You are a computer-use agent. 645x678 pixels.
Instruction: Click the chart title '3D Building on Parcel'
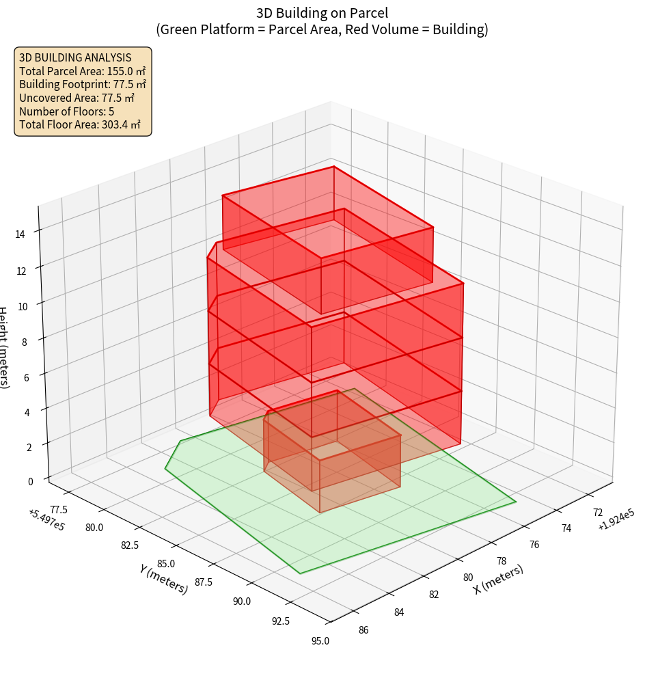point(322,12)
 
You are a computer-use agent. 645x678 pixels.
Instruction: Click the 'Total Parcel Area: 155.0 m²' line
point(82,71)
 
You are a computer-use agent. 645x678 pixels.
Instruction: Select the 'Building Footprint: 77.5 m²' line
point(83,85)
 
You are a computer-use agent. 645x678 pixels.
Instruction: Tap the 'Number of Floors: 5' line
point(67,111)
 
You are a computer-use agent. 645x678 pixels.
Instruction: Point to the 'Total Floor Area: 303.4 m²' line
point(80,125)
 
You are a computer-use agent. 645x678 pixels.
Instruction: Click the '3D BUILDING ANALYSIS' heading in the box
point(75,58)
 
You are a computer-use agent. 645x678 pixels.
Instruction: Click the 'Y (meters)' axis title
point(164,579)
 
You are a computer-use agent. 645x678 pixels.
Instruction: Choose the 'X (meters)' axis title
point(498,580)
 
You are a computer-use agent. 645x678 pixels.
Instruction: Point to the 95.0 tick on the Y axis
point(320,641)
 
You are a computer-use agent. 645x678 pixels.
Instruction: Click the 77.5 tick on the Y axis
point(59,509)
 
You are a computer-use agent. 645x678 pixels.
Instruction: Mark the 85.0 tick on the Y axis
point(166,564)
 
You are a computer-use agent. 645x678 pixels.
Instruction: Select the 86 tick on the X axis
point(363,630)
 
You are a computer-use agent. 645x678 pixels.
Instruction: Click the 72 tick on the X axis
point(597,513)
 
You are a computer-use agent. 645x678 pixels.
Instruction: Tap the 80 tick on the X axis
point(468,578)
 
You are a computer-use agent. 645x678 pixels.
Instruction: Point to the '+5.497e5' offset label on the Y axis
point(46,520)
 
